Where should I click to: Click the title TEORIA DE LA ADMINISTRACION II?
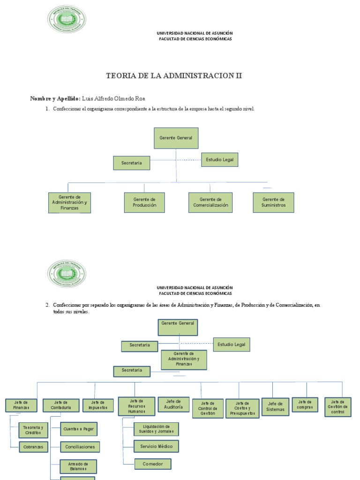[x=174, y=75]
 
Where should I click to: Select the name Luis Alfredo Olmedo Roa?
[x=113, y=98]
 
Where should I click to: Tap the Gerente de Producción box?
[x=144, y=202]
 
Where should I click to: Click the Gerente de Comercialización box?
[x=210, y=202]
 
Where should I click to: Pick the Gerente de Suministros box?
[x=273, y=202]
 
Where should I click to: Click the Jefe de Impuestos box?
[x=98, y=405]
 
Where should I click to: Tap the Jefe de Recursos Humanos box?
[x=136, y=406]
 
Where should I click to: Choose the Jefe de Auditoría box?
[x=173, y=405]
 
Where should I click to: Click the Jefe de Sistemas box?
[x=275, y=406]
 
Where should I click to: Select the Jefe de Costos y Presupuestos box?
[x=242, y=409]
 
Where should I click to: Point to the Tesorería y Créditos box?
[x=33, y=430]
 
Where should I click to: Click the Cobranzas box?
[x=33, y=447]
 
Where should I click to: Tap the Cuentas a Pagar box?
[x=79, y=429]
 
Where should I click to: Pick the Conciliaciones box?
[x=80, y=447]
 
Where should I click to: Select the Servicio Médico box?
[x=156, y=446]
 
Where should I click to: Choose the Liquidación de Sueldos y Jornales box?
[x=156, y=429]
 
